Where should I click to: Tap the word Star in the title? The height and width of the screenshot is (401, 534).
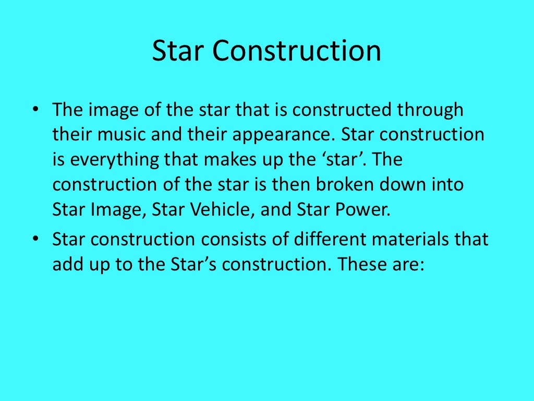(x=178, y=52)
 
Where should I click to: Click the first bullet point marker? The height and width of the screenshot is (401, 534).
(x=35, y=110)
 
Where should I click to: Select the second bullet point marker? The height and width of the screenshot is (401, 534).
(x=35, y=240)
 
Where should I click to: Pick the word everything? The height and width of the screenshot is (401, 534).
(x=107, y=160)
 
